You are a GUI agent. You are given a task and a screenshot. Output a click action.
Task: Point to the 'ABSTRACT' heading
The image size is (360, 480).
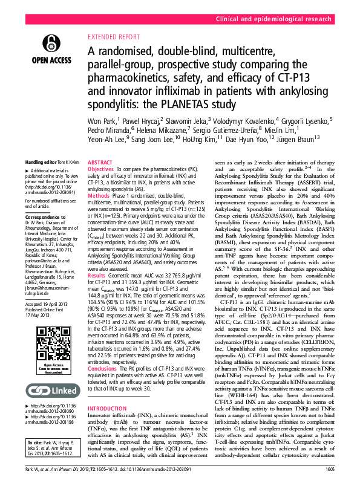[x=100, y=163]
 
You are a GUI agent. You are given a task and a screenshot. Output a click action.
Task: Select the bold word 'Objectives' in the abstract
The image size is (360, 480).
[x=101, y=169]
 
